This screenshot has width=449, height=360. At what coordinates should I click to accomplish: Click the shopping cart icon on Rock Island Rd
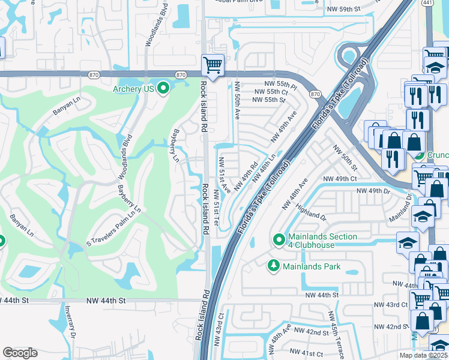(x=212, y=64)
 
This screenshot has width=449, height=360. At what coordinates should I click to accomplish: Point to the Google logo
(x=20, y=352)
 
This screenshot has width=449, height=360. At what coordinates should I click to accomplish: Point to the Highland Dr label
(x=310, y=212)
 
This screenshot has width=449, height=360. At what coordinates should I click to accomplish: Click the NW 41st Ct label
(x=306, y=352)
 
